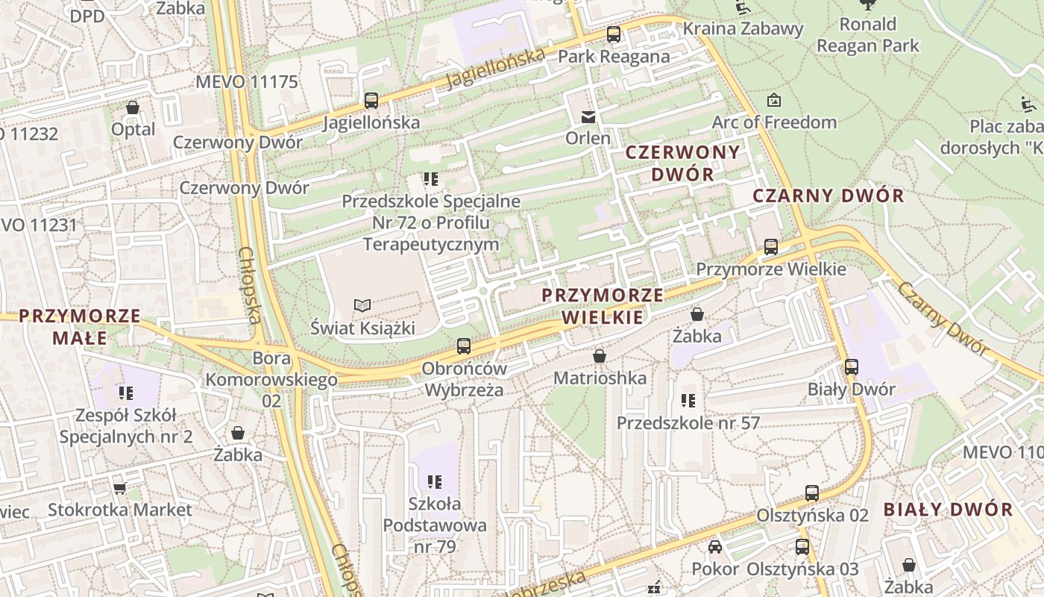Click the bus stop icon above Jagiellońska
coord(371,100)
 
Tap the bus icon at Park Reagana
coord(614,34)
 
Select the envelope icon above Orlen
coord(588,116)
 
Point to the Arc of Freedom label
coord(774,122)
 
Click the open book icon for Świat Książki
coord(362,305)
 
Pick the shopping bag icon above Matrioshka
coord(599,356)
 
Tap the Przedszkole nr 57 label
coord(688,423)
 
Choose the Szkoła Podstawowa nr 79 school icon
coord(434,481)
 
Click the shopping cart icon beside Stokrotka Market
coord(119,488)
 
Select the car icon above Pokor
coord(715,547)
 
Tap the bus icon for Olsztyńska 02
coord(812,493)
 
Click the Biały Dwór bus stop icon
coord(852,367)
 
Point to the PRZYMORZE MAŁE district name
coord(80,327)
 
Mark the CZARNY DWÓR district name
coord(828,196)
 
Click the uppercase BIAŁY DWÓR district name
coord(948,510)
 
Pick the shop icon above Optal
coord(133,107)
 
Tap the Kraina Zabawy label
coord(743,29)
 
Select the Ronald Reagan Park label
coord(868,35)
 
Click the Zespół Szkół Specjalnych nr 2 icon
coord(125,393)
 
